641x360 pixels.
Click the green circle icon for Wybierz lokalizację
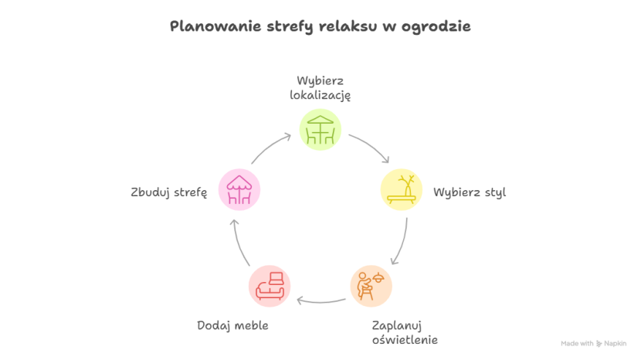320,129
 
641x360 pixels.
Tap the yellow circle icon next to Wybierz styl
402,190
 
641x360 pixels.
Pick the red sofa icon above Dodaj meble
270,286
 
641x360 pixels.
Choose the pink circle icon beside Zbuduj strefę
239,190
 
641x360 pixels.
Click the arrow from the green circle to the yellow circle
369,147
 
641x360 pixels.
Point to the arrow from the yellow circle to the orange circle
402,241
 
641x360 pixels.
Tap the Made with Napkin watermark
593,343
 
